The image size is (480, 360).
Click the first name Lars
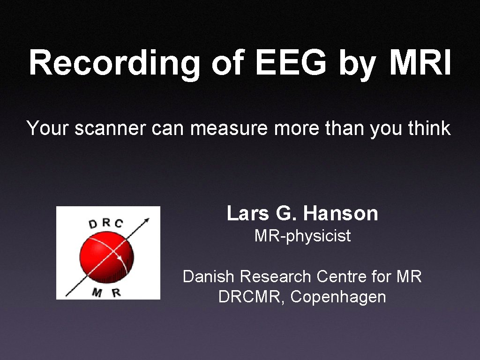247,213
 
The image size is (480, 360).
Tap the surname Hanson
340,213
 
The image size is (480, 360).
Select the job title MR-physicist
302,236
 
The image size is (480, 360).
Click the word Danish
209,277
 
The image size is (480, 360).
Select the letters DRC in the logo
105,223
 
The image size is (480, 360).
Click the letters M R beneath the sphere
106,293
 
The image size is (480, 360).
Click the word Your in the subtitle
47,128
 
